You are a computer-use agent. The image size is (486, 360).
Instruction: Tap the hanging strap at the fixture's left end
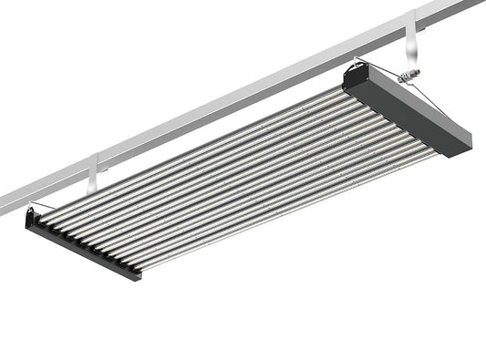(x=92, y=175)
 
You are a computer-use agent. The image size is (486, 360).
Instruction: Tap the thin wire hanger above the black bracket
(x=55, y=205)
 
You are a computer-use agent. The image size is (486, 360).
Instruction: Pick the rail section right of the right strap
(x=451, y=9)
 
